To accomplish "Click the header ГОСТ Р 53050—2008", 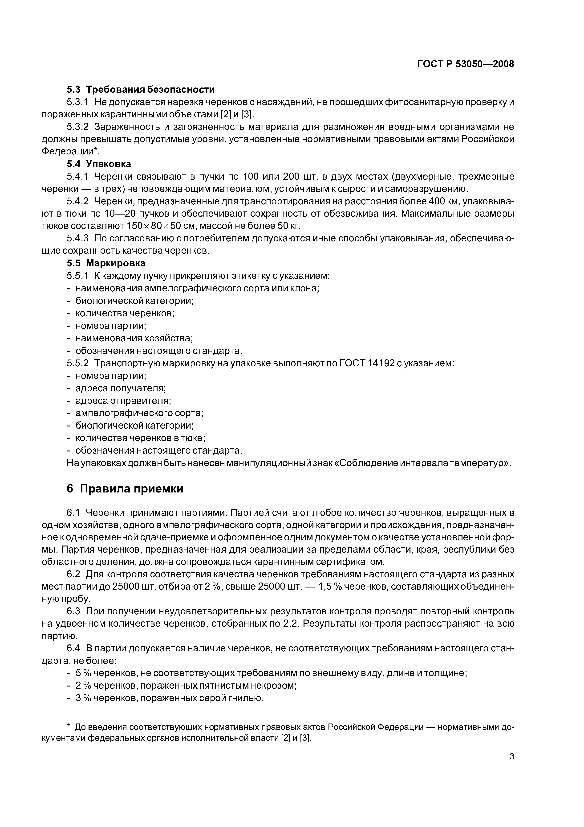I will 465,64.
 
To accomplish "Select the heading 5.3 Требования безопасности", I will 141,89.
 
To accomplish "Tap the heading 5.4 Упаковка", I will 99,164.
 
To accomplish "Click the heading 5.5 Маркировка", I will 106,263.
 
